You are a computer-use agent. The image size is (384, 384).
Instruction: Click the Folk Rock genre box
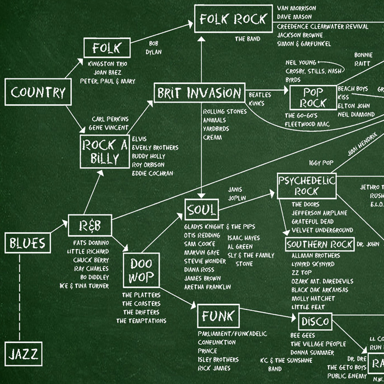click(x=233, y=19)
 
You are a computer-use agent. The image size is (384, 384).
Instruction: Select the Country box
click(x=38, y=92)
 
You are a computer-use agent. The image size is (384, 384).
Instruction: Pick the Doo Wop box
click(x=141, y=270)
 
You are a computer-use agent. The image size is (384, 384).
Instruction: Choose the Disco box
click(x=315, y=321)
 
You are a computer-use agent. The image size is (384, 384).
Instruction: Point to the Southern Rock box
click(x=320, y=245)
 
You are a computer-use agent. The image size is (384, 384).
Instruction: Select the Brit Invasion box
click(x=199, y=93)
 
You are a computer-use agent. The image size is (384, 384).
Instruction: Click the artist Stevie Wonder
click(x=205, y=261)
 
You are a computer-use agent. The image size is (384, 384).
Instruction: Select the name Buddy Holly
click(x=148, y=156)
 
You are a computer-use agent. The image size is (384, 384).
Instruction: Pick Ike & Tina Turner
click(x=84, y=286)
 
